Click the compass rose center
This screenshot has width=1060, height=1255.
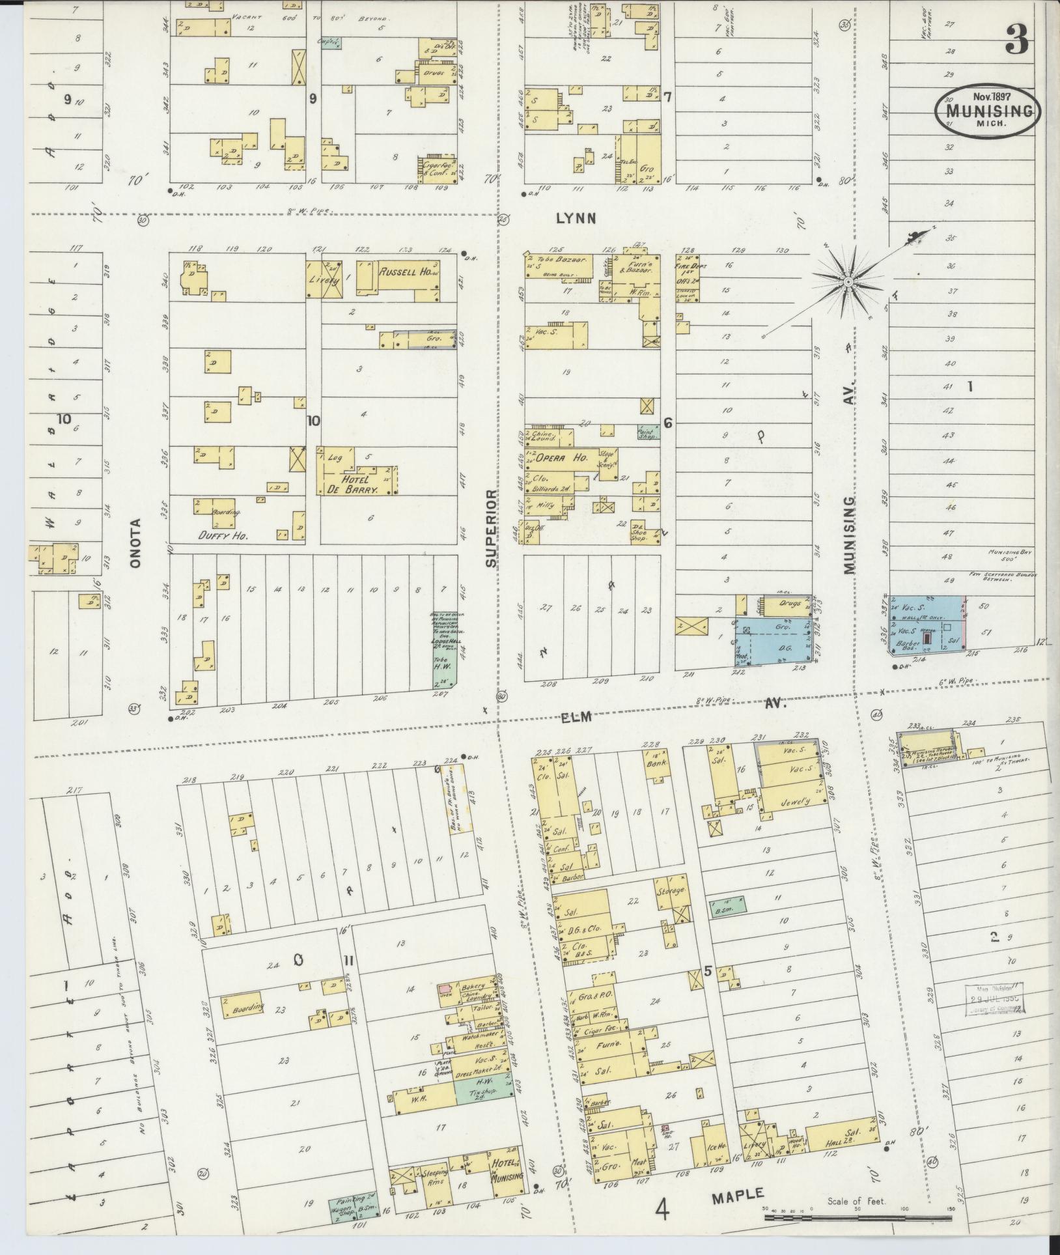848,281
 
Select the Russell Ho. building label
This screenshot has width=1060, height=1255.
404,272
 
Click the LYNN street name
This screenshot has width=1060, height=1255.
576,219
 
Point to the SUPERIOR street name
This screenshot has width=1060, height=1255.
491,529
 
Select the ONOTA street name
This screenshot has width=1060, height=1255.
135,543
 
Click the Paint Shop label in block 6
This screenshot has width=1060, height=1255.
648,431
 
